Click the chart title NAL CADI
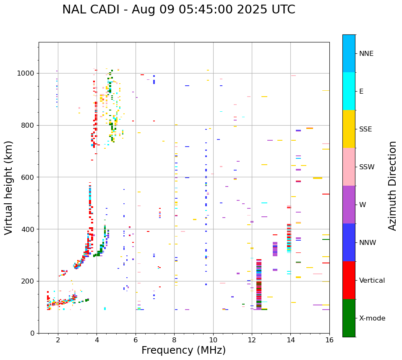[178, 10]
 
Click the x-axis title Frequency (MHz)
[183, 350]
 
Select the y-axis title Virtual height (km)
[9, 188]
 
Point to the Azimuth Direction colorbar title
[392, 186]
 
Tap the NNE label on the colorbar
[366, 54]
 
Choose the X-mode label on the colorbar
[372, 318]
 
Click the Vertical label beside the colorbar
[372, 281]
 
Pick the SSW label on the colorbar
[367, 167]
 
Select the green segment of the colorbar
[349, 318]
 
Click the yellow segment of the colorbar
[349, 129]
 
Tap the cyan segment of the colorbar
[349, 91]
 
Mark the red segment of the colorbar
[349, 280]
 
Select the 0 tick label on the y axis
[33, 333]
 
